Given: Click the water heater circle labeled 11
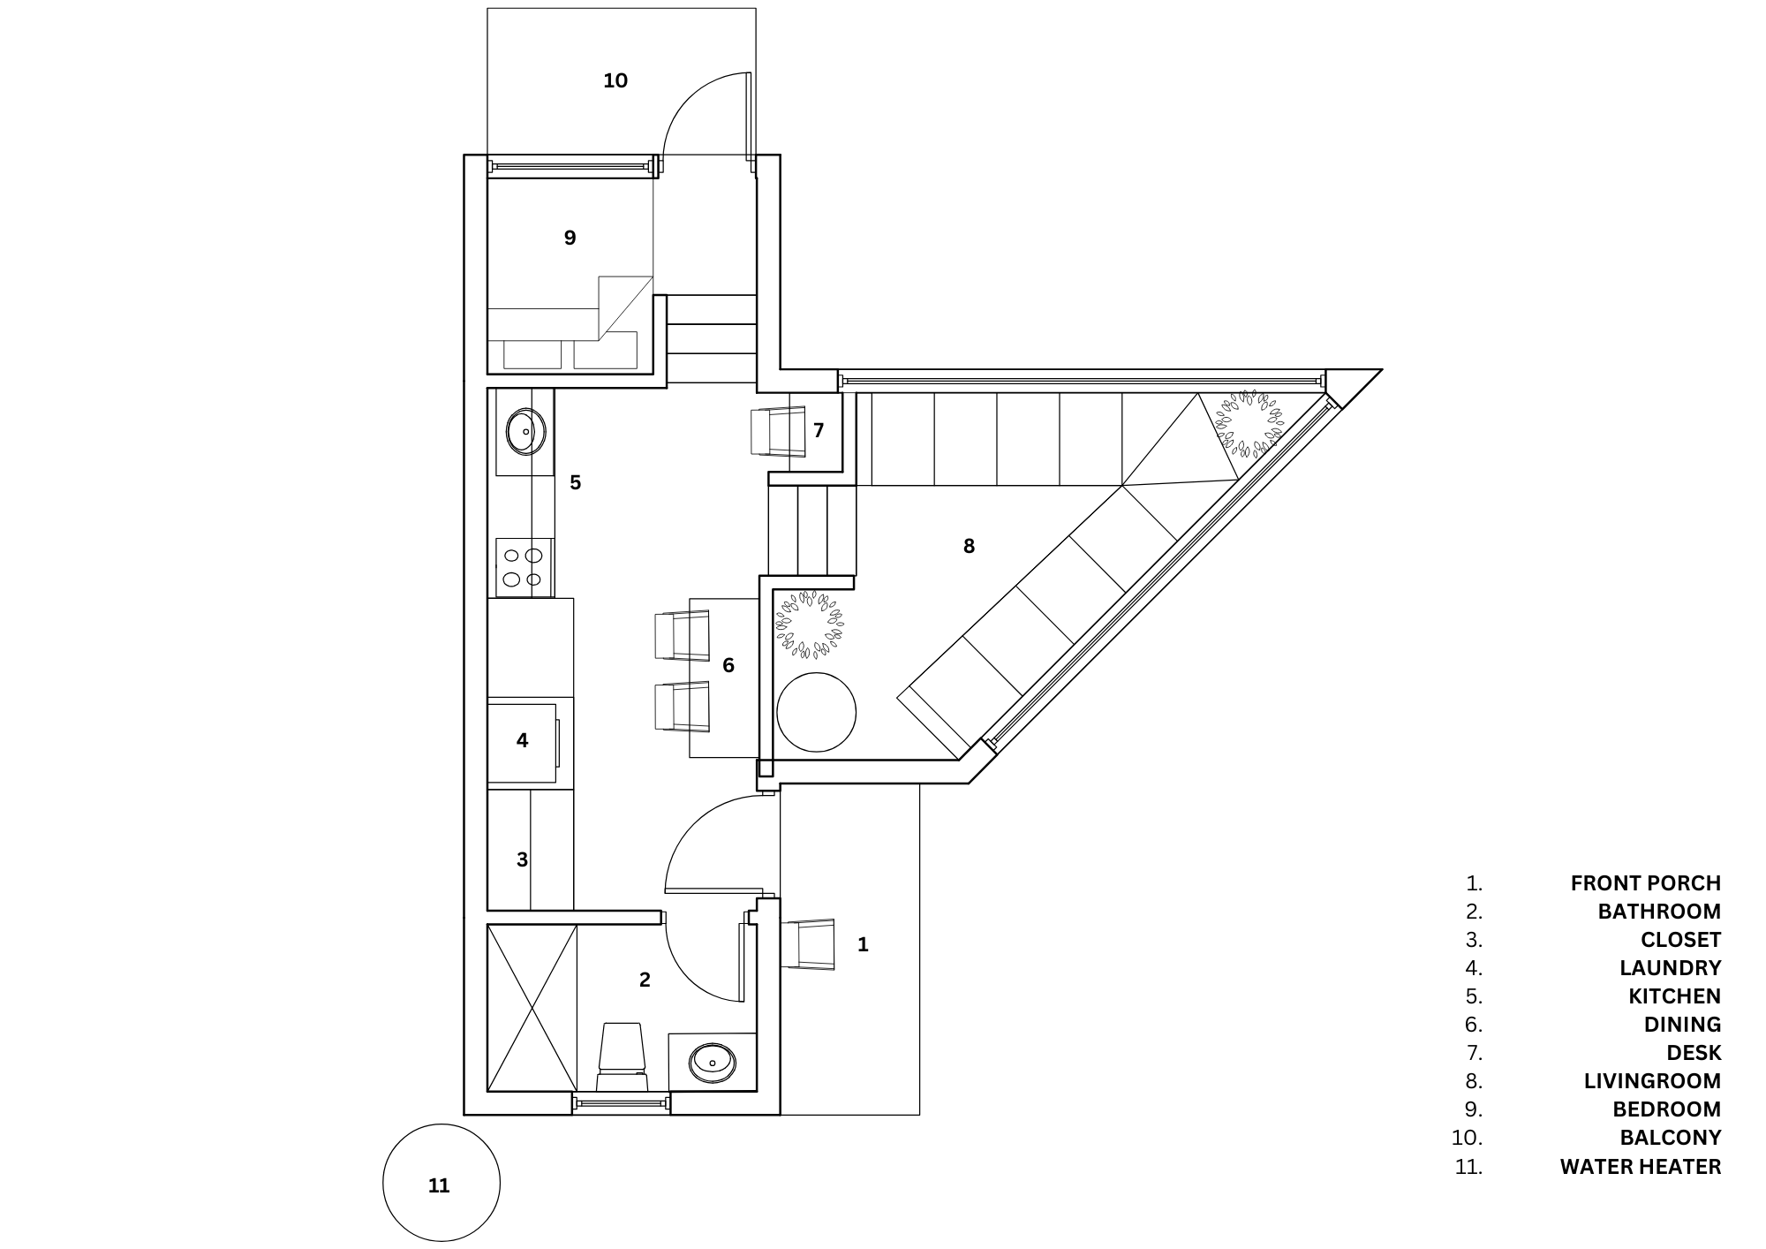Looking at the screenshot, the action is tap(441, 1183).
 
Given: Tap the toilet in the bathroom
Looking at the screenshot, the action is tap(623, 1056).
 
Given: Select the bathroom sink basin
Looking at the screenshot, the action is tap(712, 1062).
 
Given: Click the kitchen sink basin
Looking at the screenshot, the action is tap(525, 431).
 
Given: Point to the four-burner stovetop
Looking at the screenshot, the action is tap(524, 567).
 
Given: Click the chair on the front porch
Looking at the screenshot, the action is tap(808, 944).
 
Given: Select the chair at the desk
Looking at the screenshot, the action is tap(778, 431).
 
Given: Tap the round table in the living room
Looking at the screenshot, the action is tap(816, 713).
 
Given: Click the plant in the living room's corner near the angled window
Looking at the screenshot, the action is tap(1248, 425).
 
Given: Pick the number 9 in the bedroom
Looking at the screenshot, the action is tap(570, 238).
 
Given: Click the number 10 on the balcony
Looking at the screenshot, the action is tap(615, 81).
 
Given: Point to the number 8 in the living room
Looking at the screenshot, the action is tap(969, 547).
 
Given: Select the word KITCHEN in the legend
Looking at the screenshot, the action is tap(1674, 996).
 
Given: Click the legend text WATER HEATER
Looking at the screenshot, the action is tap(1640, 1167).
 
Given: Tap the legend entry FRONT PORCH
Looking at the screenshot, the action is tap(1645, 883).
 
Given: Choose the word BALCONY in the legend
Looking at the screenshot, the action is tap(1670, 1138).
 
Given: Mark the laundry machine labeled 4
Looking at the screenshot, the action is tap(523, 742).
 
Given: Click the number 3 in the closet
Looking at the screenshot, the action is tap(522, 859).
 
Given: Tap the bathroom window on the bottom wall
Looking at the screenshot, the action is tap(621, 1103).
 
